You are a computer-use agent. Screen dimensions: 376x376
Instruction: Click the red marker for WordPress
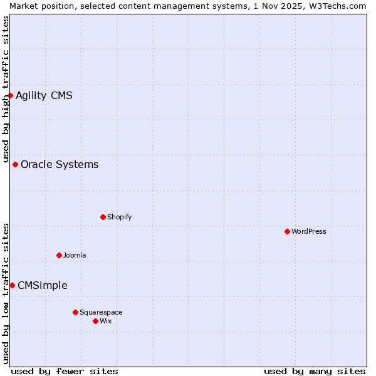coord(287,231)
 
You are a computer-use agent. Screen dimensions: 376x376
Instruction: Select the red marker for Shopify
coord(103,217)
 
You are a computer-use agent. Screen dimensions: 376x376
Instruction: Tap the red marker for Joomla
coord(59,255)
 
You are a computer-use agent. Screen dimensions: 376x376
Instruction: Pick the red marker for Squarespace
coord(75,312)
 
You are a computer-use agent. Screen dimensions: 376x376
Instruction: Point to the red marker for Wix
coord(95,321)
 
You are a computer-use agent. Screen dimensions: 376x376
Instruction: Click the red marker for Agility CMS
coord(11,95)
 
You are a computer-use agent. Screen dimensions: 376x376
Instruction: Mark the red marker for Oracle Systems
coord(15,164)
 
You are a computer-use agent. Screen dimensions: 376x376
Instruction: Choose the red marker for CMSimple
coord(12,285)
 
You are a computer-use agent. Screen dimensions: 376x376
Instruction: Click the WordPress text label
coord(309,231)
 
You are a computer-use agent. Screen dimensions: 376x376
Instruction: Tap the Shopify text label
coord(120,217)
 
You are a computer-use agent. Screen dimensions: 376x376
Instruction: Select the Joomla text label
coord(75,255)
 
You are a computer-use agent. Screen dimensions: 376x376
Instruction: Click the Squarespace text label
coord(101,312)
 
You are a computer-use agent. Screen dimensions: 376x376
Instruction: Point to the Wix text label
coord(106,321)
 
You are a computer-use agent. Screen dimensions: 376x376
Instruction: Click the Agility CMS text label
coord(44,95)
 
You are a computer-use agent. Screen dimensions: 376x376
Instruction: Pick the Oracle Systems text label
coord(60,164)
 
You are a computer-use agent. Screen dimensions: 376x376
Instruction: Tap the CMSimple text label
coord(43,285)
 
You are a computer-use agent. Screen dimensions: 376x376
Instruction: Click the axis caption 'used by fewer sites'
coord(65,371)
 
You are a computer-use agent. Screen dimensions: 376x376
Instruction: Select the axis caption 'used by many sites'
coord(315,371)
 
